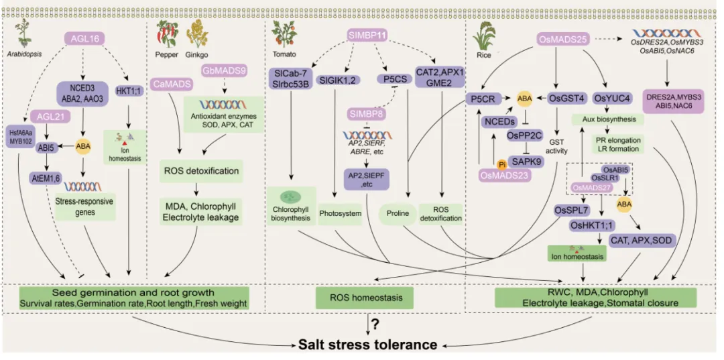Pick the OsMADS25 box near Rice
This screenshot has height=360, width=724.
(564, 40)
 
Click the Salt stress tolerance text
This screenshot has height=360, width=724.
(368, 345)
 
